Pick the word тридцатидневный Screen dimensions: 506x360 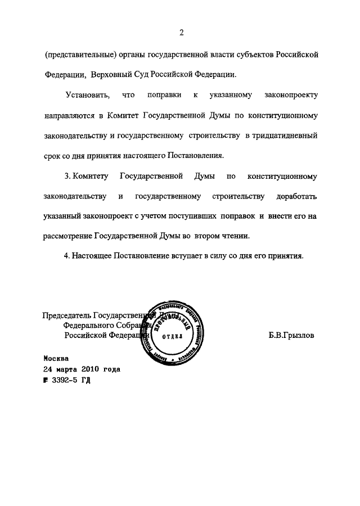pyautogui.click(x=286, y=137)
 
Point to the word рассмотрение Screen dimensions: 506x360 pyautogui.click(x=68, y=236)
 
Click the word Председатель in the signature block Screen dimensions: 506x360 pyautogui.click(x=67, y=315)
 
